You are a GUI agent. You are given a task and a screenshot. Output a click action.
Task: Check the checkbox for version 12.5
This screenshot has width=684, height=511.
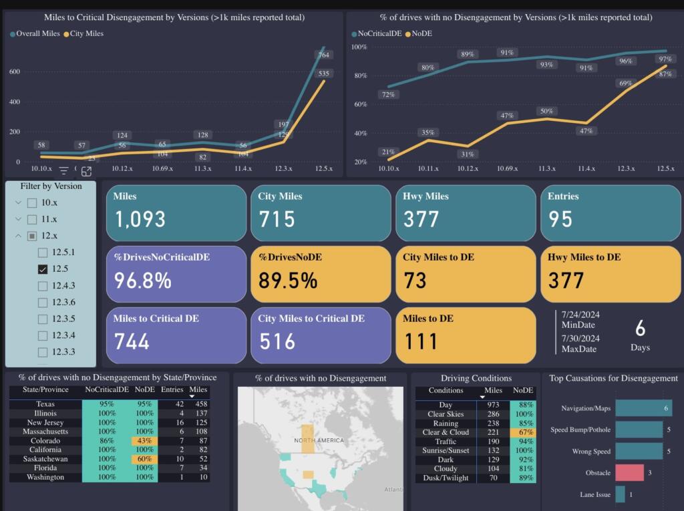click(x=43, y=269)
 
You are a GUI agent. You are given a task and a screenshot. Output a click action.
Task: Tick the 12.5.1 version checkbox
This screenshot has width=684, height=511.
click(x=43, y=252)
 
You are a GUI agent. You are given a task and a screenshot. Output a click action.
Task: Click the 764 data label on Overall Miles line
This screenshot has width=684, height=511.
click(x=323, y=55)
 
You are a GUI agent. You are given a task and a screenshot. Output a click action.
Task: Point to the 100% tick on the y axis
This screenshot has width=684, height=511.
click(x=359, y=47)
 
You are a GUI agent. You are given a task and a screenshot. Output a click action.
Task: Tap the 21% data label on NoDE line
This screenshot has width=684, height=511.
click(x=388, y=153)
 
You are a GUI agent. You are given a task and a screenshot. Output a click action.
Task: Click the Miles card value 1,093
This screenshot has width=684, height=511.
click(x=140, y=219)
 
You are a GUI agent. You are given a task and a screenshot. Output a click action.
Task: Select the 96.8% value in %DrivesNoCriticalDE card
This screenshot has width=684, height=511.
click(x=142, y=281)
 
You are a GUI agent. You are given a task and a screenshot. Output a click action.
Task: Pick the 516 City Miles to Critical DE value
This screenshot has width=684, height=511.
click(x=277, y=341)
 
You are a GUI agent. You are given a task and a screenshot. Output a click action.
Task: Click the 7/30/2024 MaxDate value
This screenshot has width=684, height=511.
click(x=580, y=338)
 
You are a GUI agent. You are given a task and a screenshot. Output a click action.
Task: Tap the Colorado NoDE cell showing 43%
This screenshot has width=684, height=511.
click(x=144, y=441)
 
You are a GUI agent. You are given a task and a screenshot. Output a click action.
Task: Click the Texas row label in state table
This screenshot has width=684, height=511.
click(x=45, y=404)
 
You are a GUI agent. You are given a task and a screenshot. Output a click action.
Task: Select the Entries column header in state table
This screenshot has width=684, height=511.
click(x=172, y=389)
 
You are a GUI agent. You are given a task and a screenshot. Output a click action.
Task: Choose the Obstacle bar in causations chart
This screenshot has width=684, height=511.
click(x=629, y=473)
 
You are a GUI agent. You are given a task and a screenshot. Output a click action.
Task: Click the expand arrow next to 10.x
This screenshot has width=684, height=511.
click(x=18, y=202)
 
